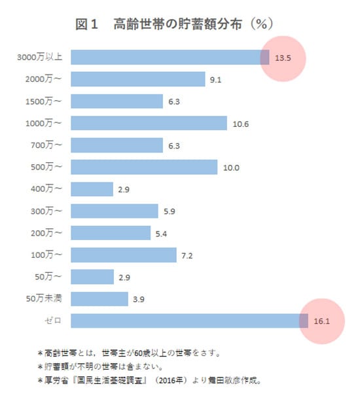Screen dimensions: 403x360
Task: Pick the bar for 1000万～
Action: pos(149,123)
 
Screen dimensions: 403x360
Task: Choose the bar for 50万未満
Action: pos(99,299)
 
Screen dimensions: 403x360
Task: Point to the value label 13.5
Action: pos(283,58)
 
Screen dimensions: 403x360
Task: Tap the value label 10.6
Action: pos(240,124)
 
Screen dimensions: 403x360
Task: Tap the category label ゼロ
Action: pos(53,321)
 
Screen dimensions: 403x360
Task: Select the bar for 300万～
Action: pos(114,211)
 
